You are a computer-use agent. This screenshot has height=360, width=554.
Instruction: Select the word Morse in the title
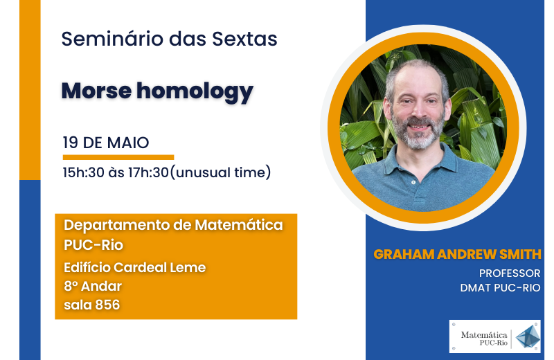click(x=96, y=91)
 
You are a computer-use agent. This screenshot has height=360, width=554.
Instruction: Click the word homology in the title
click(x=195, y=92)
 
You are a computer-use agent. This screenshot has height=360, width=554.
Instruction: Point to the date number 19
click(x=71, y=143)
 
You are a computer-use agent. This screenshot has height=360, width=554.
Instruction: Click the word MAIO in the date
click(x=128, y=143)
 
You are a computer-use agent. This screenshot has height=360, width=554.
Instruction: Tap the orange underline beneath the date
click(x=118, y=157)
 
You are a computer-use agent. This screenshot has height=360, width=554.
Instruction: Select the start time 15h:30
click(x=84, y=172)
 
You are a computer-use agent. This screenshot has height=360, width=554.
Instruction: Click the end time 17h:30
click(x=148, y=172)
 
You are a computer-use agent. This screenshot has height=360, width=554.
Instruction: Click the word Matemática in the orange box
click(x=239, y=225)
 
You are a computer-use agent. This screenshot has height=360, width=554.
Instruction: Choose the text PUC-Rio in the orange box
click(x=93, y=245)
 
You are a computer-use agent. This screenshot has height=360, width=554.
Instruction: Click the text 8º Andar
click(x=93, y=286)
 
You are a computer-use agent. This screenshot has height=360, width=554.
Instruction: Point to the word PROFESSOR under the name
click(x=510, y=273)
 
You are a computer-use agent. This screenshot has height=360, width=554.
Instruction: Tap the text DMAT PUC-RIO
click(x=500, y=288)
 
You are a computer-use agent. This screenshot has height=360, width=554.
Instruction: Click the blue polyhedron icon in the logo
click(x=528, y=336)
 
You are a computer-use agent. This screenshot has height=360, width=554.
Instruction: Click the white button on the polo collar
click(x=413, y=183)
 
